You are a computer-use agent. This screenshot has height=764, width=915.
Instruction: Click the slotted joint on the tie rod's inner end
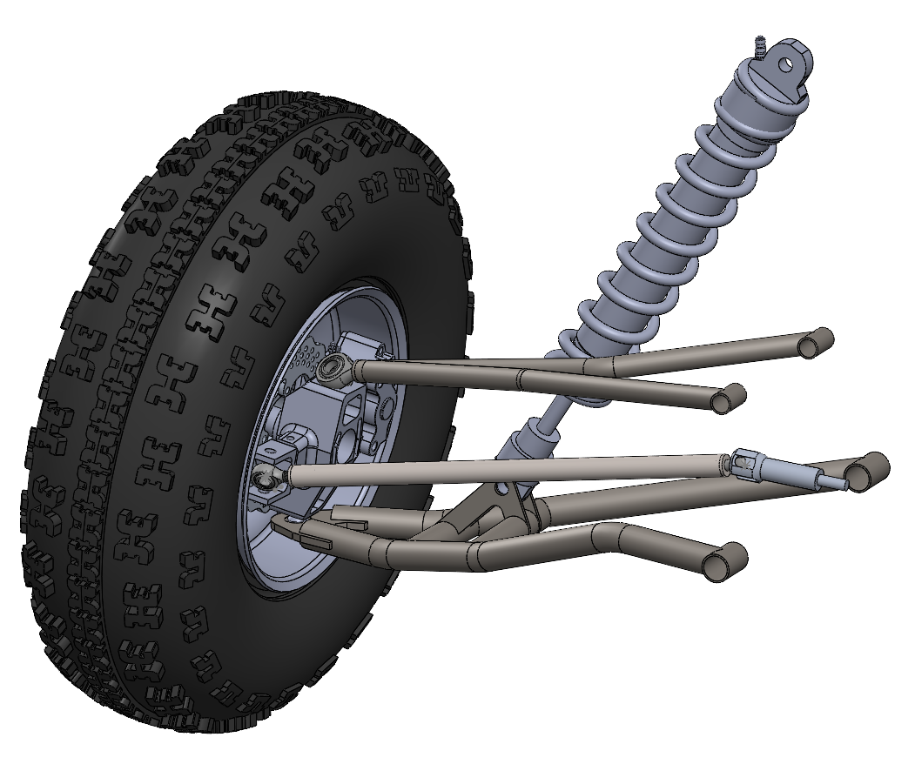(745, 461)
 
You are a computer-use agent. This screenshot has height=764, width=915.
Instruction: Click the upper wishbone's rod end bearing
(333, 367)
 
